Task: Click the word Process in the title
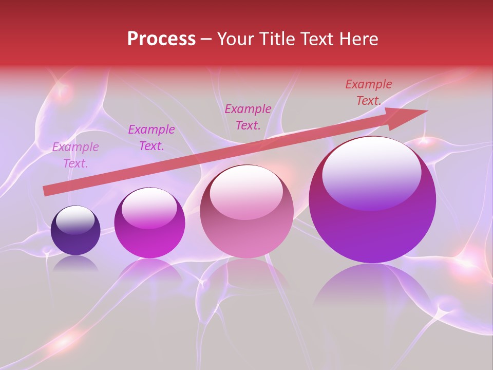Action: pos(161,39)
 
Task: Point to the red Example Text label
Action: pos(368,92)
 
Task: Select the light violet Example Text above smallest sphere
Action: pos(75,155)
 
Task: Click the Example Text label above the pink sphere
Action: pos(248,117)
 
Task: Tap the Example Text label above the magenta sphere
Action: pos(151,138)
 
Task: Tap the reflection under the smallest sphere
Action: pos(75,263)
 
